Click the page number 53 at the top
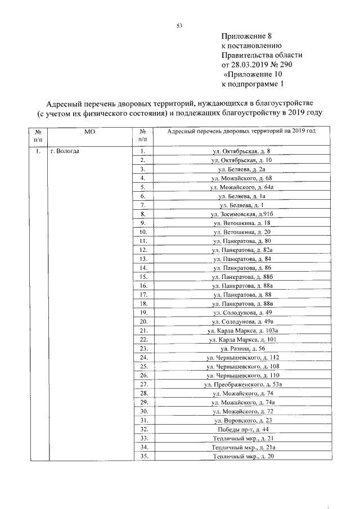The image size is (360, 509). tap(179, 26)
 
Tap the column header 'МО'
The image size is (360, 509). tap(89, 131)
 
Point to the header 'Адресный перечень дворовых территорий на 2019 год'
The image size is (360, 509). tap(242, 131)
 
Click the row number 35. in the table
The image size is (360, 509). tap(143, 456)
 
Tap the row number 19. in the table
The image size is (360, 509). tap(143, 313)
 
